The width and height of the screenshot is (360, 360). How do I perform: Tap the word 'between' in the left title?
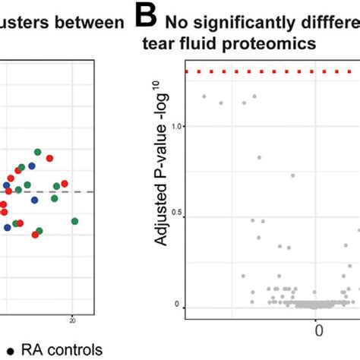[93, 23]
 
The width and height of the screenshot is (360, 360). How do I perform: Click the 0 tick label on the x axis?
[319, 331]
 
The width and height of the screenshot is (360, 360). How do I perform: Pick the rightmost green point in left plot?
[75, 221]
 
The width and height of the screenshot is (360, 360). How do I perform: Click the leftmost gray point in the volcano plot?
[204, 96]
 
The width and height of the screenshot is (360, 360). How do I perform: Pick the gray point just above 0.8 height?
[259, 157]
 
